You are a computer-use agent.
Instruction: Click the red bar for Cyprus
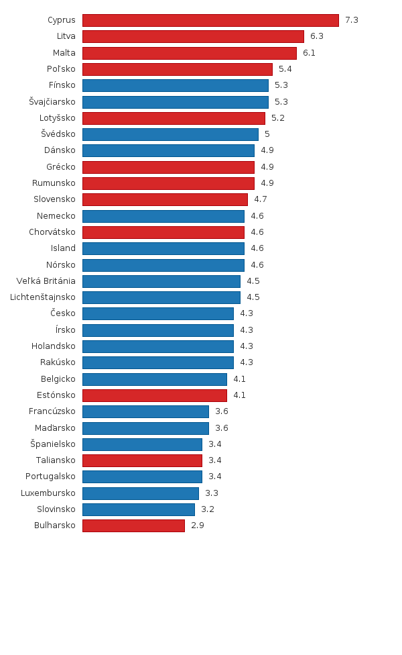[x=210, y=20]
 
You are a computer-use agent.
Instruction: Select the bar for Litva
[x=193, y=36]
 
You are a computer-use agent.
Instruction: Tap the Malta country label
[x=64, y=52]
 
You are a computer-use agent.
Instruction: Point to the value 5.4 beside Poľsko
[x=285, y=69]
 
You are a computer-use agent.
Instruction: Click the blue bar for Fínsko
[x=176, y=85]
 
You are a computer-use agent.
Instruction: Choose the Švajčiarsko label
[x=52, y=101]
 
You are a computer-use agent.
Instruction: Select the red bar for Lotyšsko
[x=174, y=118]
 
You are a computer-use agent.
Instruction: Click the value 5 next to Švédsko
[x=267, y=134]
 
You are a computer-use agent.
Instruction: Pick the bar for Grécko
[x=168, y=167]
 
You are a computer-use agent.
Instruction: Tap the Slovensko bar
[x=165, y=199]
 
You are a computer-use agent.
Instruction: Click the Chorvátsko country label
[x=52, y=232]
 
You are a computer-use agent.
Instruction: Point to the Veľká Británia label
[x=46, y=281]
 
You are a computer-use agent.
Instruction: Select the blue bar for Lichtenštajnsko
[x=161, y=297]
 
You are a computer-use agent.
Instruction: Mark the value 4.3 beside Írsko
[x=247, y=330]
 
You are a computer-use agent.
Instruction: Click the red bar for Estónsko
[x=155, y=395]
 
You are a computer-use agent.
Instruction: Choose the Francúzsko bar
[x=145, y=411]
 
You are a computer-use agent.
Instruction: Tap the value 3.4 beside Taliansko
[x=215, y=460]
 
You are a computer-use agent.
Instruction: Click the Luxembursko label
[x=48, y=493]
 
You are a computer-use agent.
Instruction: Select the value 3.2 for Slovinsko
[x=208, y=509]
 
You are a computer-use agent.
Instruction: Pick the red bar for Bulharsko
[x=133, y=525]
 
